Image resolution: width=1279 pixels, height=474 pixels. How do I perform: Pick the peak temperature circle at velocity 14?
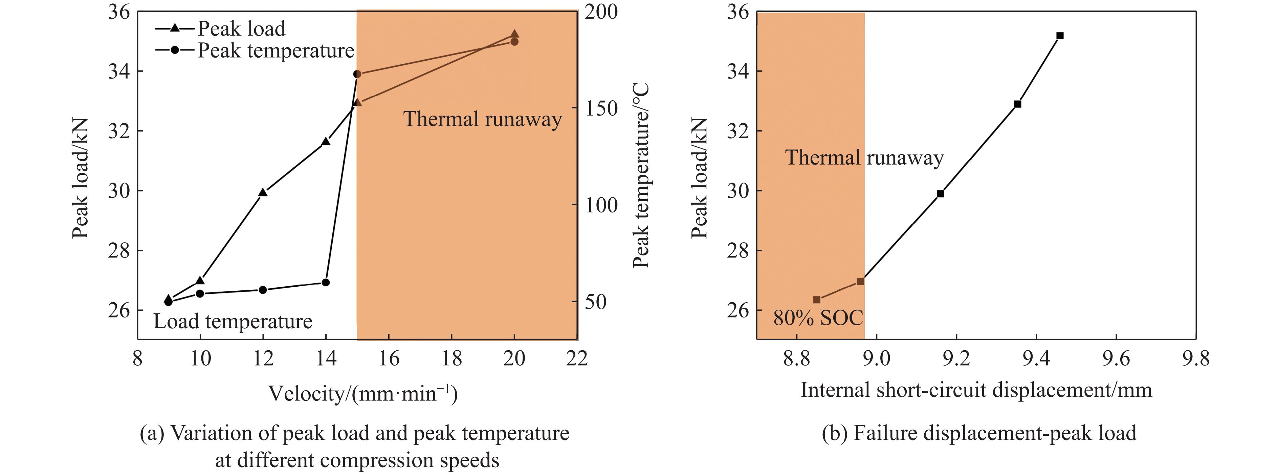(x=326, y=282)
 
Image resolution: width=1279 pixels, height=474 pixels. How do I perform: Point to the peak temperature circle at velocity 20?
(x=514, y=42)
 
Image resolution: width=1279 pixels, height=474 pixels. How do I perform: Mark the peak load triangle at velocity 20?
(x=514, y=34)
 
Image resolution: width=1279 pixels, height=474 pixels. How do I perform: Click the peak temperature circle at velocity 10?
(x=200, y=294)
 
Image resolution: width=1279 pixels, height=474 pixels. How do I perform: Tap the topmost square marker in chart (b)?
(x=1060, y=35)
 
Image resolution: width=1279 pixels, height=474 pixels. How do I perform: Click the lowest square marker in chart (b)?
(x=817, y=300)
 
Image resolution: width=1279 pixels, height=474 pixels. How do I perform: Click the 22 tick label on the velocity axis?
(x=577, y=358)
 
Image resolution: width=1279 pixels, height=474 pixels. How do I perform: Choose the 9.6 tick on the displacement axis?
(x=1116, y=358)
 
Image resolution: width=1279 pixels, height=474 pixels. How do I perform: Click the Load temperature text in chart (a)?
(x=233, y=322)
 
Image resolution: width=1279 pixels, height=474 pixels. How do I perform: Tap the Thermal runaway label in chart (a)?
(x=482, y=119)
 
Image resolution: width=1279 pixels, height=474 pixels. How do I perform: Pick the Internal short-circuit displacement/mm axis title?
(x=976, y=390)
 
